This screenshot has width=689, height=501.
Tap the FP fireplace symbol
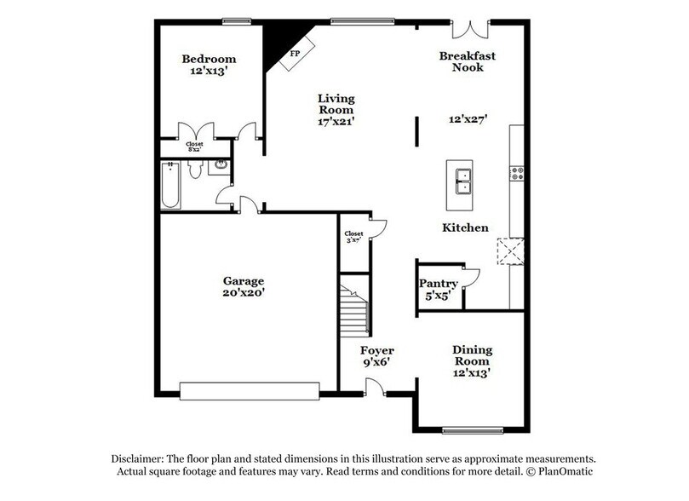point(295,53)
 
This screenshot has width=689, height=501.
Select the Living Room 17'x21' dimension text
point(336,121)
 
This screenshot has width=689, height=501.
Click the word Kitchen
point(465,227)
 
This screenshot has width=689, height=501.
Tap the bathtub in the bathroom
point(170,185)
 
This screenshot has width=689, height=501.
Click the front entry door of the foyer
point(374,389)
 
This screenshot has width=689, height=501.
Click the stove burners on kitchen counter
point(516,175)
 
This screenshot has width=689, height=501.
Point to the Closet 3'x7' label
point(353,237)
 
